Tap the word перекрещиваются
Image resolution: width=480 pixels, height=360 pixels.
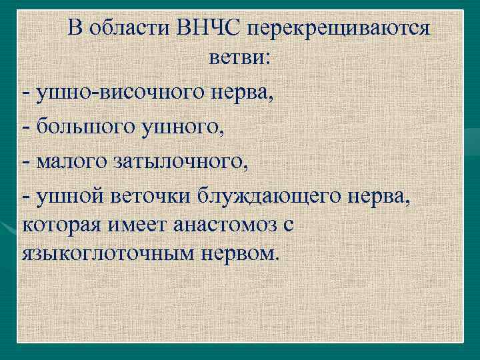[339, 29]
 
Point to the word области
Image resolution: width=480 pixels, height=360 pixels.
[137, 29]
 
